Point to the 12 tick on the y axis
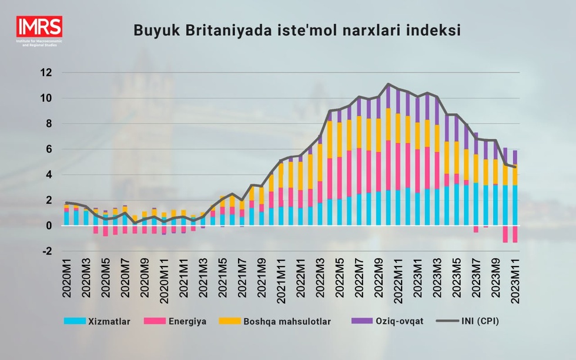(x=45, y=73)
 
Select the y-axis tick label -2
(x=45, y=251)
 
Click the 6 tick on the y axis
(x=48, y=149)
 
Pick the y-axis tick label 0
(x=48, y=226)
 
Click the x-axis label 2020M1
(x=66, y=282)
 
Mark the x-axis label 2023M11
(x=514, y=282)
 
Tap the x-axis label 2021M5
(x=223, y=282)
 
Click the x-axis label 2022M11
(x=397, y=282)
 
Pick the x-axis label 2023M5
(x=456, y=282)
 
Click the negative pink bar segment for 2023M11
(x=514, y=234)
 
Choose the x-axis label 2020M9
(x=145, y=282)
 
